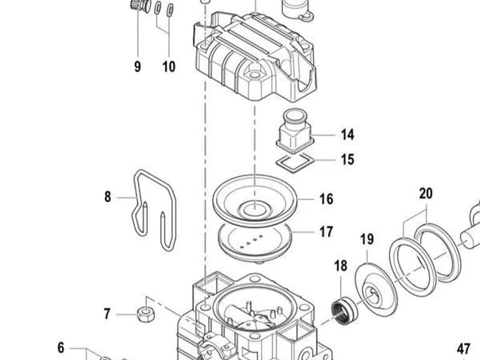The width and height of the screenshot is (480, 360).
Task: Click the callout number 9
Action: [137, 66]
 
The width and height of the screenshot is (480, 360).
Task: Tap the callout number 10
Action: [169, 66]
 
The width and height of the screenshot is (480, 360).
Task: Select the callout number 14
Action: [347, 135]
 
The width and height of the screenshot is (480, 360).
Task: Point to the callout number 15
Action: [347, 159]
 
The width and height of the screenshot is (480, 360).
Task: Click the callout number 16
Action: [326, 199]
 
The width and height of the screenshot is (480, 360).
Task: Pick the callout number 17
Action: [326, 232]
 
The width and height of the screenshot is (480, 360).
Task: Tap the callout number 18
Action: [341, 266]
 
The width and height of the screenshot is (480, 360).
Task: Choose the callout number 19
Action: [367, 239]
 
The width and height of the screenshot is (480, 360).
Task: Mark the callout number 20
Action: [426, 194]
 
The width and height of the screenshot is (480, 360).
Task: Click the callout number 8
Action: [107, 196]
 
